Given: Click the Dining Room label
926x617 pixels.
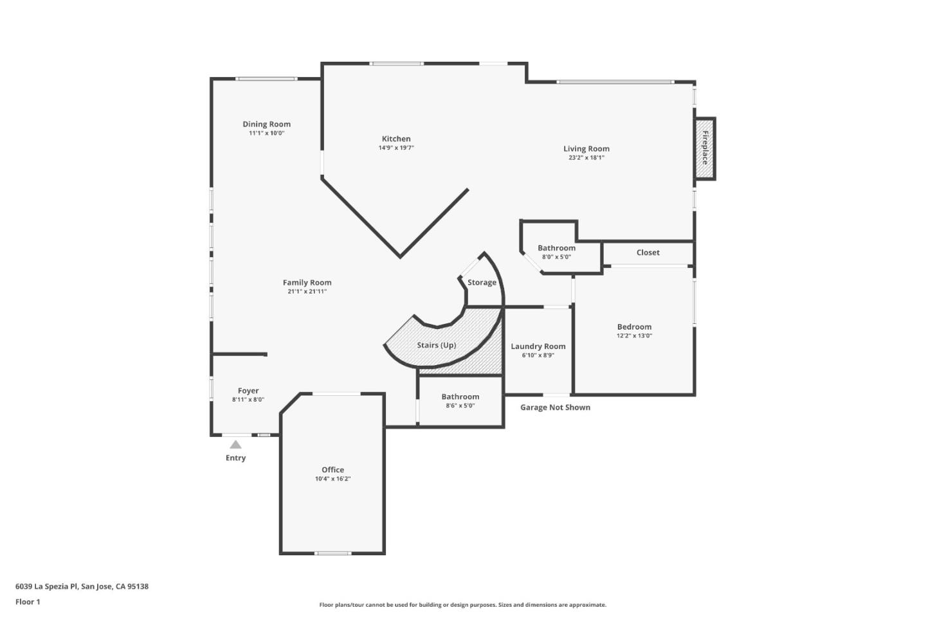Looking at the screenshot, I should pyautogui.click(x=266, y=124).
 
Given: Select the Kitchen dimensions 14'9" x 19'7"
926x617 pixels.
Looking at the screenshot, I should pyautogui.click(x=396, y=148).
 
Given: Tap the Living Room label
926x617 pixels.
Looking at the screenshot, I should pyautogui.click(x=586, y=148).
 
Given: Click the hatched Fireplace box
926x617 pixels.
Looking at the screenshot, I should pyautogui.click(x=705, y=148).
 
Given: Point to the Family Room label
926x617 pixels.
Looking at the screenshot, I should pyautogui.click(x=307, y=282).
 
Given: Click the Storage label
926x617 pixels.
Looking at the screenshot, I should pyautogui.click(x=482, y=282).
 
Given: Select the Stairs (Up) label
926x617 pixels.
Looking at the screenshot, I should pyautogui.click(x=436, y=345).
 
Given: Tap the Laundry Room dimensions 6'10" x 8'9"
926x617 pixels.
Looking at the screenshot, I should pyautogui.click(x=538, y=355).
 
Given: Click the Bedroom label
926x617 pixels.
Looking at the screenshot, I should pyautogui.click(x=634, y=326).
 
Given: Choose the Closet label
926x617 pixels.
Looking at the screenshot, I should pyautogui.click(x=648, y=253).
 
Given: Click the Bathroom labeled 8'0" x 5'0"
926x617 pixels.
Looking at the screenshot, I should pyautogui.click(x=556, y=248).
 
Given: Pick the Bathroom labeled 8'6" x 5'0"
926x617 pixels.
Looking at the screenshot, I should pyautogui.click(x=460, y=397).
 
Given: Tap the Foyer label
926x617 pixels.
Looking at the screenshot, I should pyautogui.click(x=248, y=391).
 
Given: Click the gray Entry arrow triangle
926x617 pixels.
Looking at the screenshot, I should pyautogui.click(x=236, y=445).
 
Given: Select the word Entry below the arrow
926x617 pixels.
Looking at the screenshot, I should pyautogui.click(x=235, y=458).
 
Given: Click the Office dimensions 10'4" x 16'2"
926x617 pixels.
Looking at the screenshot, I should pyautogui.click(x=332, y=479).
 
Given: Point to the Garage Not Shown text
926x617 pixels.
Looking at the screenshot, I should pyautogui.click(x=555, y=407).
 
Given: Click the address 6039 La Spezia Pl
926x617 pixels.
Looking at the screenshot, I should pyautogui.click(x=82, y=586).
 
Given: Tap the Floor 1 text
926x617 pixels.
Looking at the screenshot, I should pyautogui.click(x=28, y=602).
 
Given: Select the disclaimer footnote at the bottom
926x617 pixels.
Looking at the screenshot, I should pyautogui.click(x=462, y=605).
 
